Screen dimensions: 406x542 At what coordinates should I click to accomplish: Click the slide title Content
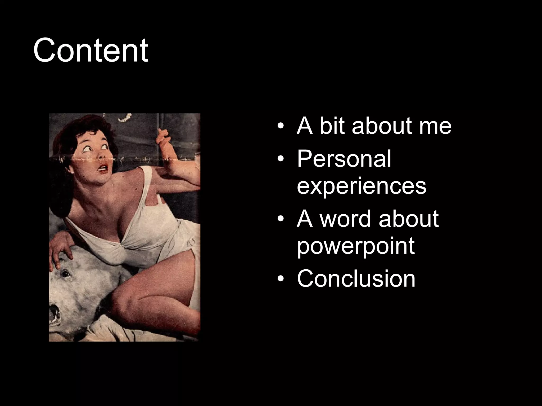pyautogui.click(x=91, y=50)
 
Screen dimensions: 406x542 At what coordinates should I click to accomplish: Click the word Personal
pyautogui.click(x=344, y=159)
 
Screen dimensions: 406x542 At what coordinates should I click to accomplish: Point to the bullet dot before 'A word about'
pyautogui.click(x=281, y=219)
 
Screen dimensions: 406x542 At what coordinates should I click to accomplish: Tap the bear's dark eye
pyautogui.click(x=64, y=274)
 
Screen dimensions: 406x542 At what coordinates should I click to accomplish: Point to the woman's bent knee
pyautogui.click(x=124, y=296)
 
